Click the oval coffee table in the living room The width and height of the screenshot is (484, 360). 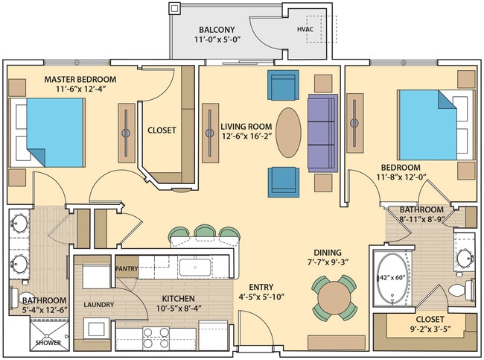(289, 133)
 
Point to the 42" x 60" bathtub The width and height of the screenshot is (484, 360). (392, 280)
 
